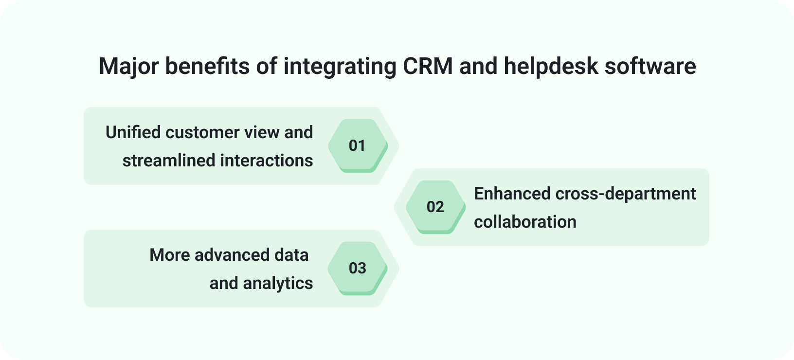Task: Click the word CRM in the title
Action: click(428, 66)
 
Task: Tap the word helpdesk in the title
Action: click(551, 66)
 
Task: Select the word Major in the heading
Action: click(128, 67)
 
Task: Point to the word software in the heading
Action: click(650, 66)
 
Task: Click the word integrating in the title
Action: click(340, 67)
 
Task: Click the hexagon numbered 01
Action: click(358, 145)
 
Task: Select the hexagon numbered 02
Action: click(435, 207)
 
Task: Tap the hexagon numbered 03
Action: click(358, 268)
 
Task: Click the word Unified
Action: click(133, 132)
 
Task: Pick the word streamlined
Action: click(169, 161)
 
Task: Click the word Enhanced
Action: click(512, 194)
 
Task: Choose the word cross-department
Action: click(626, 194)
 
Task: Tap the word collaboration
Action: click(525, 222)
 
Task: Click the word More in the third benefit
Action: click(169, 255)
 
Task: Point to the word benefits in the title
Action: click(207, 66)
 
